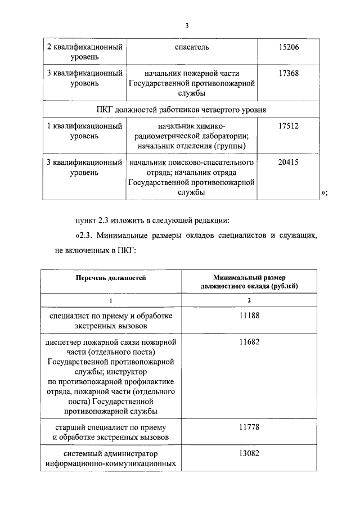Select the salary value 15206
point(289,47)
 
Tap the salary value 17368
point(289,74)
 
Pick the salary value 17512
point(289,127)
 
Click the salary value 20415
point(289,162)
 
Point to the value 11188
point(249,316)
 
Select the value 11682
point(249,342)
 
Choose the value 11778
point(249,427)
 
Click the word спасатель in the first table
point(192,47)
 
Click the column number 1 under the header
point(111,301)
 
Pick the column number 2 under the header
point(249,301)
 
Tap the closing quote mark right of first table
point(323,193)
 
